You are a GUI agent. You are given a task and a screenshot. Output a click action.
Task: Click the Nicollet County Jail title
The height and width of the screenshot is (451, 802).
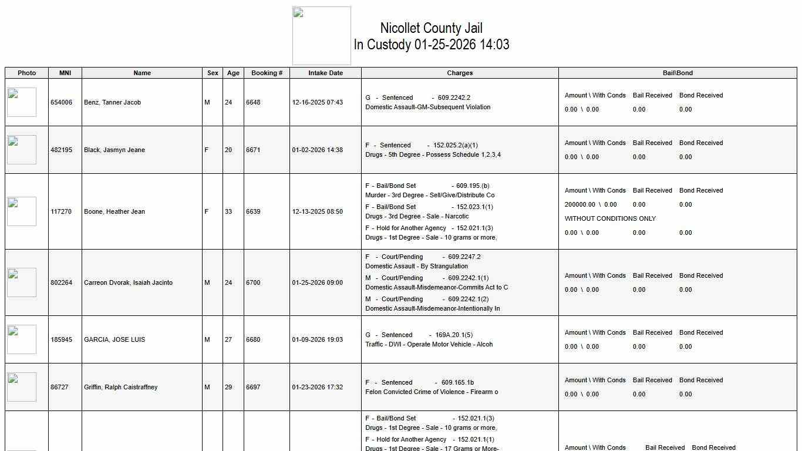[x=431, y=28]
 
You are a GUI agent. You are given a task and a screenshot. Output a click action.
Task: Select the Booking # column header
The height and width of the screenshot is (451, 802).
[x=267, y=73]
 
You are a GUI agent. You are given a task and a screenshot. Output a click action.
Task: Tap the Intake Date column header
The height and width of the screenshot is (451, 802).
[x=325, y=73]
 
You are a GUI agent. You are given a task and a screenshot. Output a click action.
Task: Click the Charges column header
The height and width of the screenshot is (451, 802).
[x=460, y=73]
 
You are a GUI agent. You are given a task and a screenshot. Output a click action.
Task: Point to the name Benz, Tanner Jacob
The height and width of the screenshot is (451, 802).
[x=112, y=102]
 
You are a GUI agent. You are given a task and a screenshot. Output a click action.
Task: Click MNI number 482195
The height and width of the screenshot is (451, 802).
[x=62, y=150]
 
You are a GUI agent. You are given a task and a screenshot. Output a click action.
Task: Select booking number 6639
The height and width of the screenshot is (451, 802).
[x=253, y=211]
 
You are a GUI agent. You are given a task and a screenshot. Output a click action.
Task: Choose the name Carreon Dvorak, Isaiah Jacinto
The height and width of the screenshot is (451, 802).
[x=128, y=282]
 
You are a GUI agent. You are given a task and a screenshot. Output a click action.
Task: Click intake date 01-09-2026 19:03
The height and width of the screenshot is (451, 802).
[x=318, y=339]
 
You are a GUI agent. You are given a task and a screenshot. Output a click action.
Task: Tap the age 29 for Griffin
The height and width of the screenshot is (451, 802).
[x=228, y=387]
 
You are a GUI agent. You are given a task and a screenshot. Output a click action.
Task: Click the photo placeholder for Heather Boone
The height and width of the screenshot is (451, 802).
[x=22, y=211]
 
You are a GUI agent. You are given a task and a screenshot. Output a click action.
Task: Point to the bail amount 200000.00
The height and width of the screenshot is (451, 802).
[x=580, y=204]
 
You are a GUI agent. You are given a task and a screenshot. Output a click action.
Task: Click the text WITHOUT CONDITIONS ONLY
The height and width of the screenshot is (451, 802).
[x=610, y=218]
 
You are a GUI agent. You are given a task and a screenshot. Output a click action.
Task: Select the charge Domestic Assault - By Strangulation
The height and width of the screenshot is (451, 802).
[x=416, y=266]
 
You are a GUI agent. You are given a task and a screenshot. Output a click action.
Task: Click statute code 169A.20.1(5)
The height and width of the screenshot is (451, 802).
[x=454, y=335]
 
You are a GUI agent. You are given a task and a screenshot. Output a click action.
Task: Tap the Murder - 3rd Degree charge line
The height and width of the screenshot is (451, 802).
[x=430, y=195]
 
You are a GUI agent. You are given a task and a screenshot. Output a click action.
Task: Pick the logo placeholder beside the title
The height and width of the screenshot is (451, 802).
[x=322, y=36]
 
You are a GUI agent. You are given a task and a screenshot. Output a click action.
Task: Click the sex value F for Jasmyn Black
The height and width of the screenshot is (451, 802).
[x=206, y=150]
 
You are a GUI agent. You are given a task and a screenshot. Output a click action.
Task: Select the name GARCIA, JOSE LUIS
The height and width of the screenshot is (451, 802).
[x=114, y=339]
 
